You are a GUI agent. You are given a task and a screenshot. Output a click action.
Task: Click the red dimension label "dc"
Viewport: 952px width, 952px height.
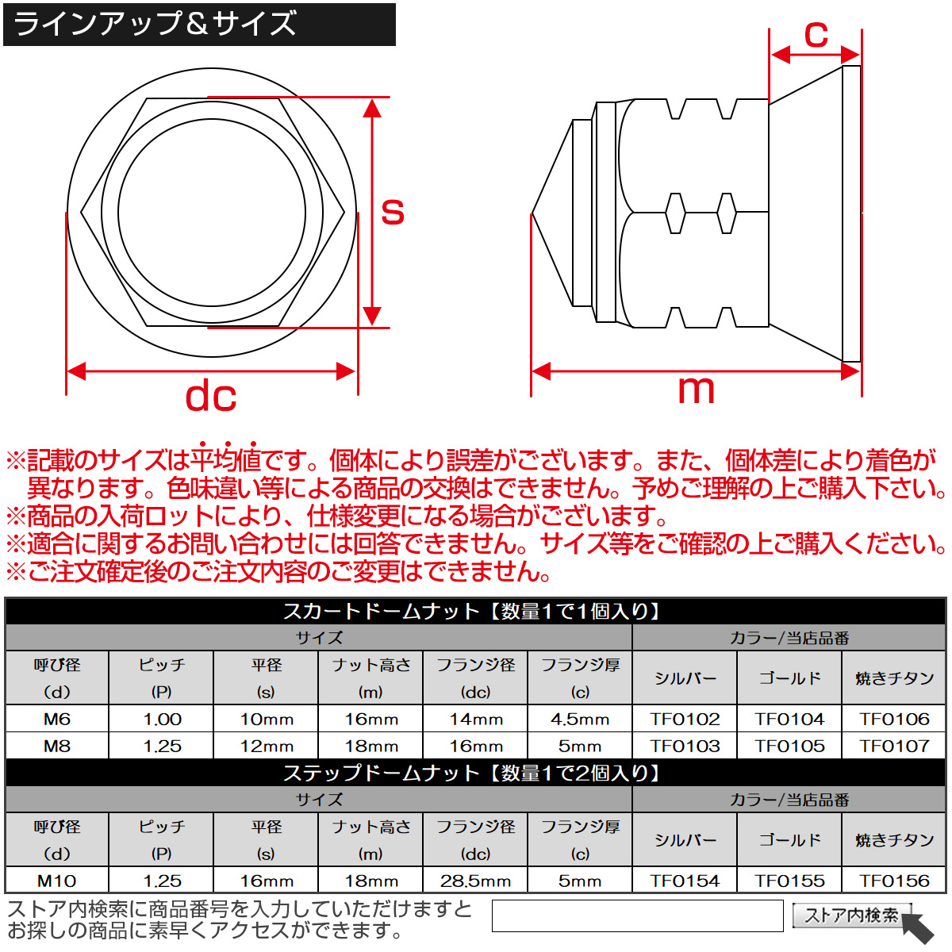(210, 396)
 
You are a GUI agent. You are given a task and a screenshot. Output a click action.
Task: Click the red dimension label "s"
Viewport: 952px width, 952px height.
(393, 212)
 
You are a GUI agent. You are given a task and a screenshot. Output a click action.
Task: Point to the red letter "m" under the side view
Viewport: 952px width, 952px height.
(696, 390)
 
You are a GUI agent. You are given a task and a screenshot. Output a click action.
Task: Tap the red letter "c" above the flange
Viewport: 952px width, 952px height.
(816, 35)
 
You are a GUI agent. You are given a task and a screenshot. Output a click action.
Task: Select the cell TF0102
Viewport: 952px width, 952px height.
(685, 719)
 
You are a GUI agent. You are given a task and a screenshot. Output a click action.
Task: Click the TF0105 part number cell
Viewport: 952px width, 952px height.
(789, 746)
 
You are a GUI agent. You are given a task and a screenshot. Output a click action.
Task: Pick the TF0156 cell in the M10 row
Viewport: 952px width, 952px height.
(894, 881)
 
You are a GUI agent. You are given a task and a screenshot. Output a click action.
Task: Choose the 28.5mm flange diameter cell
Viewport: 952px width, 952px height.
(475, 881)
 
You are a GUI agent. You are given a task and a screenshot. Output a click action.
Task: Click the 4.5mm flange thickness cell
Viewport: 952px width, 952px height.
(580, 719)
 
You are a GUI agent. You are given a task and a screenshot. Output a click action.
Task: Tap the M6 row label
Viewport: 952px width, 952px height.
(57, 719)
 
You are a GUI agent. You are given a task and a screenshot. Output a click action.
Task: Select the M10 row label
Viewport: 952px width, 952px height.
(57, 881)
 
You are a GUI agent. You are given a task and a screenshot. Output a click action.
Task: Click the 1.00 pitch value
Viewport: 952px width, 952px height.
(162, 719)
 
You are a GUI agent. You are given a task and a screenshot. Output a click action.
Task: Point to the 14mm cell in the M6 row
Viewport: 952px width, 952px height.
(475, 719)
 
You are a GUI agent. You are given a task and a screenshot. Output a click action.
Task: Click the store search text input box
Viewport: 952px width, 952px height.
(637, 916)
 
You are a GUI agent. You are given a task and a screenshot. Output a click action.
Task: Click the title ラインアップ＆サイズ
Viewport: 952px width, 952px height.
(155, 24)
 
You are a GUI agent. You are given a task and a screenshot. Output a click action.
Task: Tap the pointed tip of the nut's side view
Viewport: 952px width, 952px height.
(532, 214)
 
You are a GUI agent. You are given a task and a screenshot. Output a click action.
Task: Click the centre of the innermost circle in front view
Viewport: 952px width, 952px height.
(212, 213)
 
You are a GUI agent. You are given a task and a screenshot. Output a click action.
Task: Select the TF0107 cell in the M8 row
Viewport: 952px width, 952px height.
(894, 746)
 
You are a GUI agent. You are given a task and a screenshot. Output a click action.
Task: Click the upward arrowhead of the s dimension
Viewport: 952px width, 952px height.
(371, 108)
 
